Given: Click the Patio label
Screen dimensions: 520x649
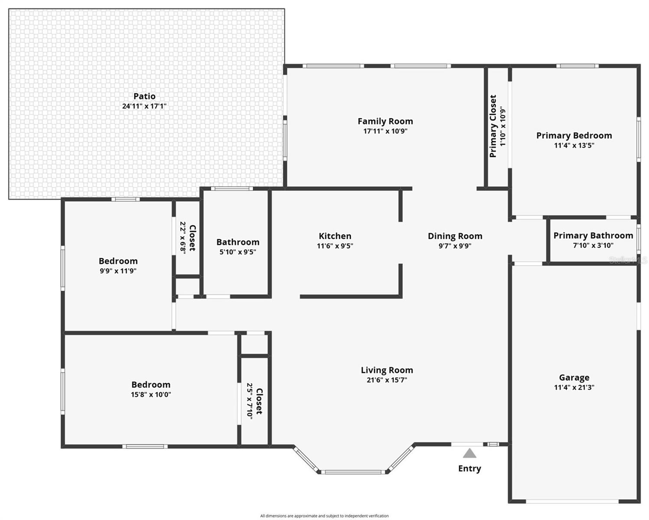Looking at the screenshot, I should pyautogui.click(x=144, y=96).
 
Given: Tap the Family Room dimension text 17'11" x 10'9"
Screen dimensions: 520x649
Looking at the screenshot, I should pyautogui.click(x=385, y=131).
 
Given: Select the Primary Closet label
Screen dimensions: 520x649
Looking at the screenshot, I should pyautogui.click(x=493, y=126).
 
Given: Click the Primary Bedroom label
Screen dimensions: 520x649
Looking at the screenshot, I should pyautogui.click(x=574, y=136).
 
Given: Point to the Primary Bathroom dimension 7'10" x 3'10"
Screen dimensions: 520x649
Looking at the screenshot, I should pyautogui.click(x=593, y=245).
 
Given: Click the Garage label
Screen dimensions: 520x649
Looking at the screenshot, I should pyautogui.click(x=574, y=377).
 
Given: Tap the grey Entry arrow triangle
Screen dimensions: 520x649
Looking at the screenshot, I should pyautogui.click(x=470, y=454).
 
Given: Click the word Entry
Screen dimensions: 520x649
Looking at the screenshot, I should pyautogui.click(x=470, y=468).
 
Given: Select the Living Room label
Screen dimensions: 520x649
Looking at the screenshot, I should pyautogui.click(x=387, y=370).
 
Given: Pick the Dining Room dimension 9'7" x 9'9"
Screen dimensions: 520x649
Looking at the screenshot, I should pyautogui.click(x=455, y=246).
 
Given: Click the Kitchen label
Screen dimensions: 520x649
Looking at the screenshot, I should pyautogui.click(x=335, y=236).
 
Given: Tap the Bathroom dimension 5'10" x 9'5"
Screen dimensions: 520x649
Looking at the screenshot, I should pyautogui.click(x=238, y=252).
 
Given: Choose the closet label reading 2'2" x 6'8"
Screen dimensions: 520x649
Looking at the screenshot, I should pyautogui.click(x=183, y=238).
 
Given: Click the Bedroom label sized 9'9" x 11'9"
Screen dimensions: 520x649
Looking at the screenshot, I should pyautogui.click(x=118, y=261).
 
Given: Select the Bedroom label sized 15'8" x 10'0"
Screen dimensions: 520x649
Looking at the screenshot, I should pyautogui.click(x=151, y=384).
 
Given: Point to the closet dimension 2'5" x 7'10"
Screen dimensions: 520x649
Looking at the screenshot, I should pyautogui.click(x=250, y=400).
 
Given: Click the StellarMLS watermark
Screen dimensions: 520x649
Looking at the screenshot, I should pyautogui.click(x=628, y=260).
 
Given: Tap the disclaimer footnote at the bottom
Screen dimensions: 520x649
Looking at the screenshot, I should pyautogui.click(x=324, y=516).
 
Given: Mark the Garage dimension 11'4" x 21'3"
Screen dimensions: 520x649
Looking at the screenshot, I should pyautogui.click(x=574, y=387).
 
